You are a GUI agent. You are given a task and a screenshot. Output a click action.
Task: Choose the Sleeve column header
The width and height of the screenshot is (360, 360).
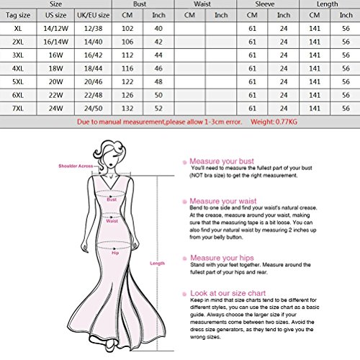click(266, 4)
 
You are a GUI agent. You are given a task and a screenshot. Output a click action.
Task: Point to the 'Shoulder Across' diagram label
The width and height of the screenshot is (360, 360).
click(74, 166)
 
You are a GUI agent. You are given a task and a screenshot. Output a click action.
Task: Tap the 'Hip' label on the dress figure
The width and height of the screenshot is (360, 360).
click(113, 253)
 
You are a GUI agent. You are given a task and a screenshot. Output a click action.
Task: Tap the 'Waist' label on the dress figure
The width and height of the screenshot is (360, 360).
click(112, 222)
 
